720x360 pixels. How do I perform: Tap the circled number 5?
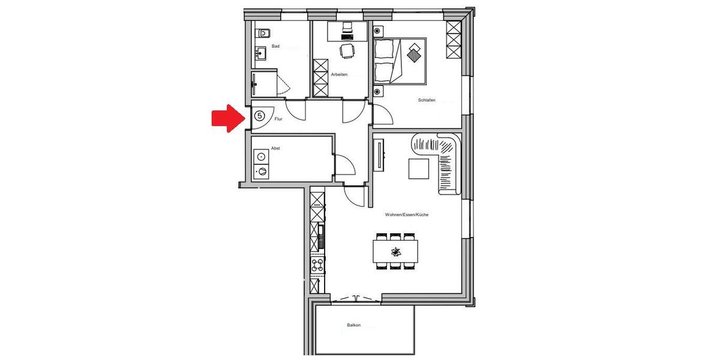[x=259, y=115]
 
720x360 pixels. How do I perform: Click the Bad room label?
[x=275, y=46]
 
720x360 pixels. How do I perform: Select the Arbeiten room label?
[x=339, y=74]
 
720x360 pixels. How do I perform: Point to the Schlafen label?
[x=427, y=100]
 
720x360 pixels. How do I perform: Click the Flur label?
[x=278, y=119]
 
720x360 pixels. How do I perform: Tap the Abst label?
[x=275, y=148]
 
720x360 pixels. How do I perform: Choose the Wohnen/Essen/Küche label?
[x=407, y=214]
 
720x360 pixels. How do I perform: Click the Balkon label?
[x=354, y=325]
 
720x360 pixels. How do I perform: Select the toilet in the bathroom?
[x=263, y=34]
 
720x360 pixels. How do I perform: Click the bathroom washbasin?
[x=261, y=54]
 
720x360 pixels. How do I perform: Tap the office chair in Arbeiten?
[x=346, y=52]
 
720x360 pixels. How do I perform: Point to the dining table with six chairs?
[x=395, y=250]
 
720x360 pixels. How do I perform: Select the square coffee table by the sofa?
[x=419, y=168]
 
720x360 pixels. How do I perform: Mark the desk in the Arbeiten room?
[x=347, y=30]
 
